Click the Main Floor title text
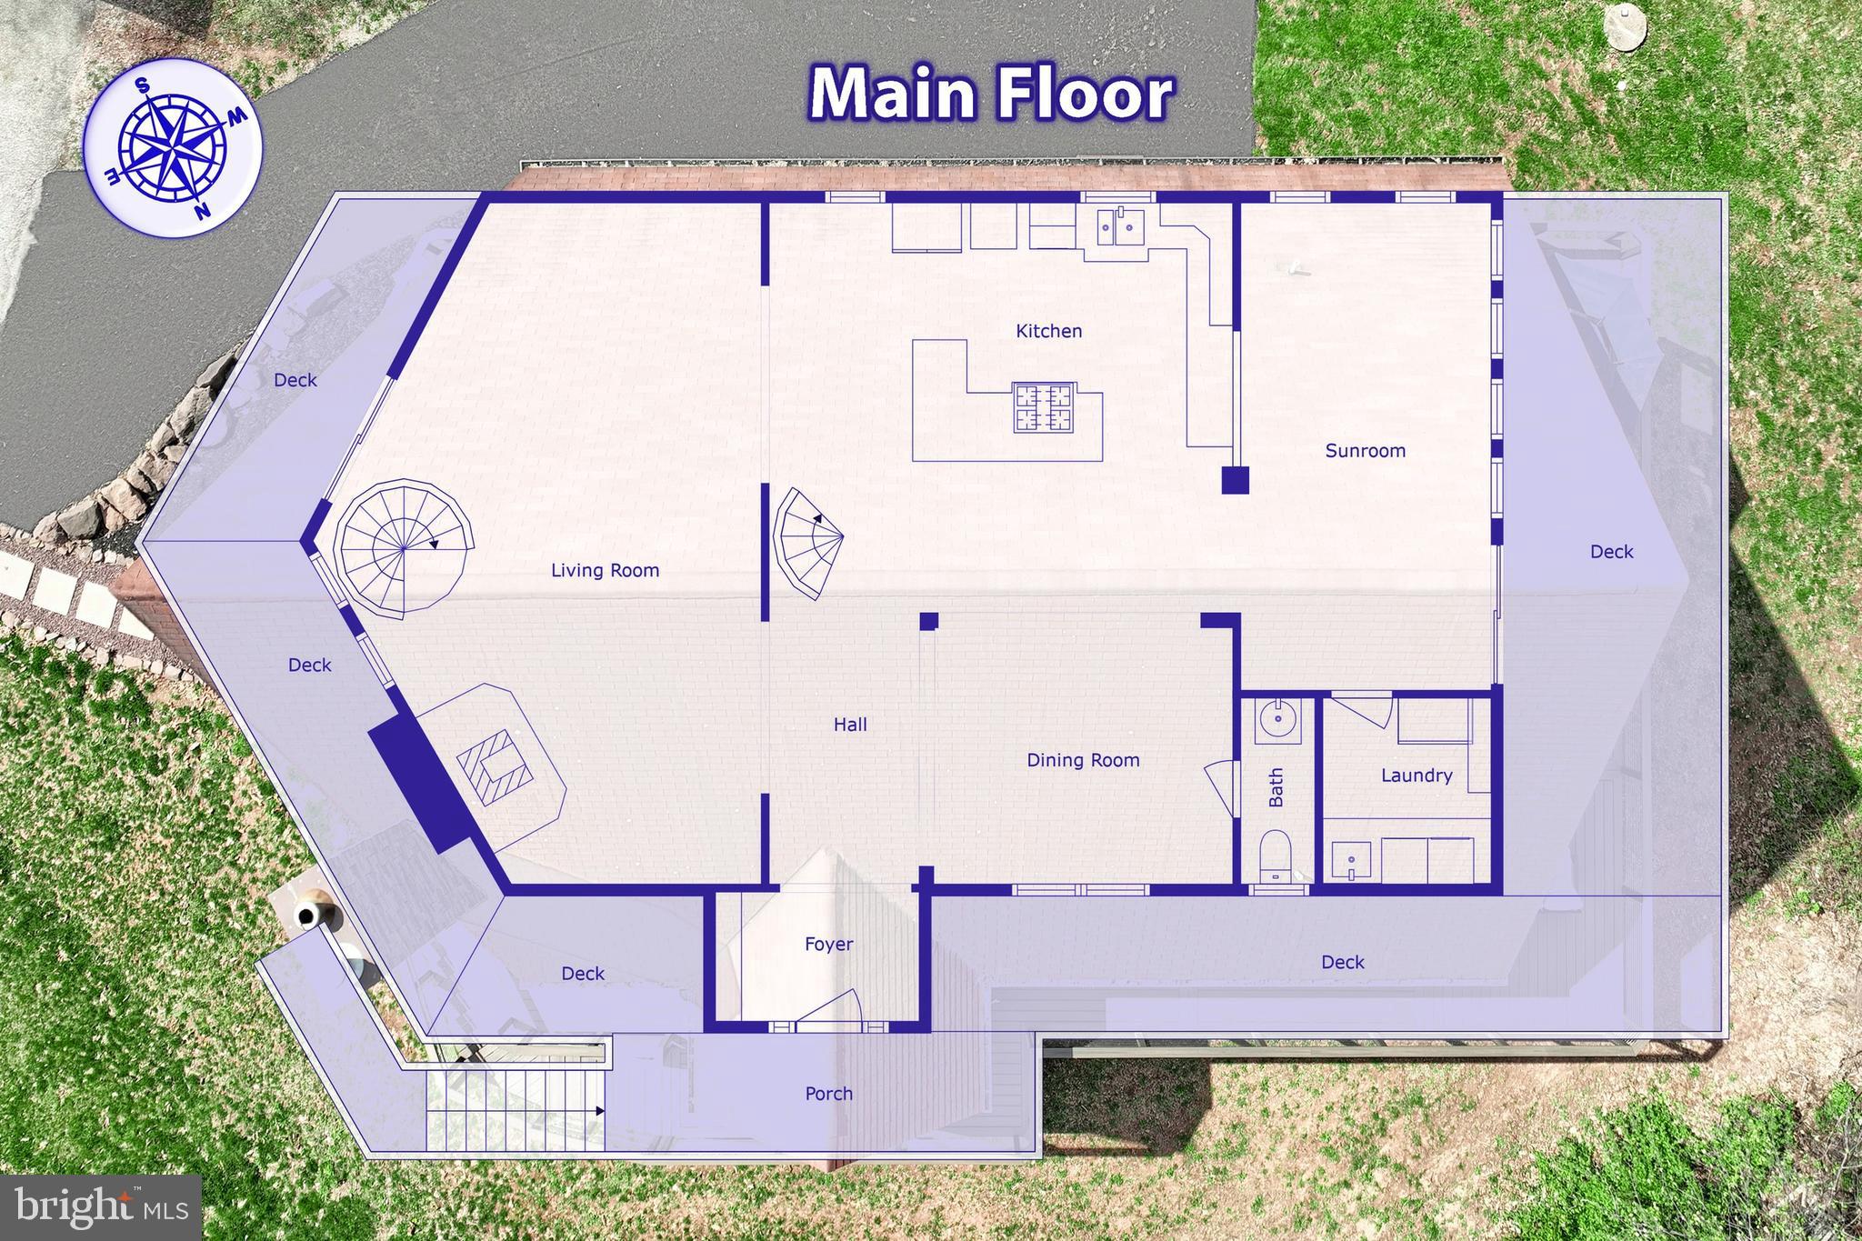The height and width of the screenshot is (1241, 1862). pos(991,94)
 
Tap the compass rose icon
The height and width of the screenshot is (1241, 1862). pos(173,147)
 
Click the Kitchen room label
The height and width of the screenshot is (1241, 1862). pos(1048,331)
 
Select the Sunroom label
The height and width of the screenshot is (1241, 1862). pos(1365,450)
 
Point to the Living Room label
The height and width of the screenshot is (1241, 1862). pos(605,570)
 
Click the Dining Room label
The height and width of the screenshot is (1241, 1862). pos(1083,760)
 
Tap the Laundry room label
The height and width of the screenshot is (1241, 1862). pos(1416,776)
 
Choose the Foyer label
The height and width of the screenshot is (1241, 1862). pos(828,944)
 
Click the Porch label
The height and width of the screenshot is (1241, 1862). pos(828,1093)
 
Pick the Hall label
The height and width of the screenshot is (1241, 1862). pos(850,725)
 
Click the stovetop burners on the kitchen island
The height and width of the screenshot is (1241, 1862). pos(1044,407)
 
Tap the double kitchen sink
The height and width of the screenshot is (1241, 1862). pos(1119,226)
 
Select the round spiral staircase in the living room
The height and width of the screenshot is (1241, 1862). pos(405,548)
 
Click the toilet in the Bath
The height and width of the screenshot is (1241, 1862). pos(1275,855)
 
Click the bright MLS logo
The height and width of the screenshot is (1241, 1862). pos(100,1206)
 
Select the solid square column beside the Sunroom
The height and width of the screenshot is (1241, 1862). pos(1235,479)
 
